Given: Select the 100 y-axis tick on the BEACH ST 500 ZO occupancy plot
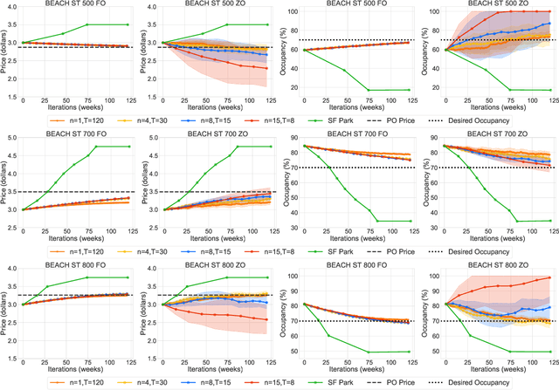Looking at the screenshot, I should click(x=431, y=13).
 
